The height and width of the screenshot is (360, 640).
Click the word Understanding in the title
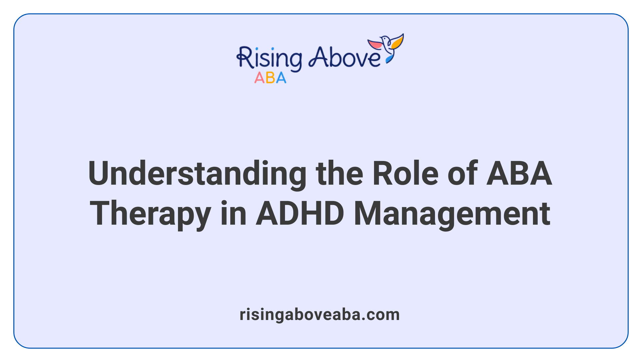click(197, 173)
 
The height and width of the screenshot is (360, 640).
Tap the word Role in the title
click(405, 173)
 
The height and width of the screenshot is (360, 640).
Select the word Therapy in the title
click(150, 214)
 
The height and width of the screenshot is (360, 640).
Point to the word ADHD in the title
click(300, 214)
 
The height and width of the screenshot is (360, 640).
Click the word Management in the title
click(452, 214)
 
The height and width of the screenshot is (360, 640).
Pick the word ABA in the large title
click(519, 173)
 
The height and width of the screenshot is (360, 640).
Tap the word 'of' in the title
click(462, 173)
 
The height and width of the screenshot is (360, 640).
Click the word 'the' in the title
click(339, 173)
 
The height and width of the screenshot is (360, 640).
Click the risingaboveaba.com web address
click(320, 315)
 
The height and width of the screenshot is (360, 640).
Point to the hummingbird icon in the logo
click(387, 47)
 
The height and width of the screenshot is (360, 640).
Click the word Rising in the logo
click(269, 59)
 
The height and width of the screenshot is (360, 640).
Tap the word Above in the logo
click(344, 57)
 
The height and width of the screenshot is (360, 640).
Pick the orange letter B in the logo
click(270, 78)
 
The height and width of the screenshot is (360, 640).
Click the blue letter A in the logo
click(281, 78)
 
